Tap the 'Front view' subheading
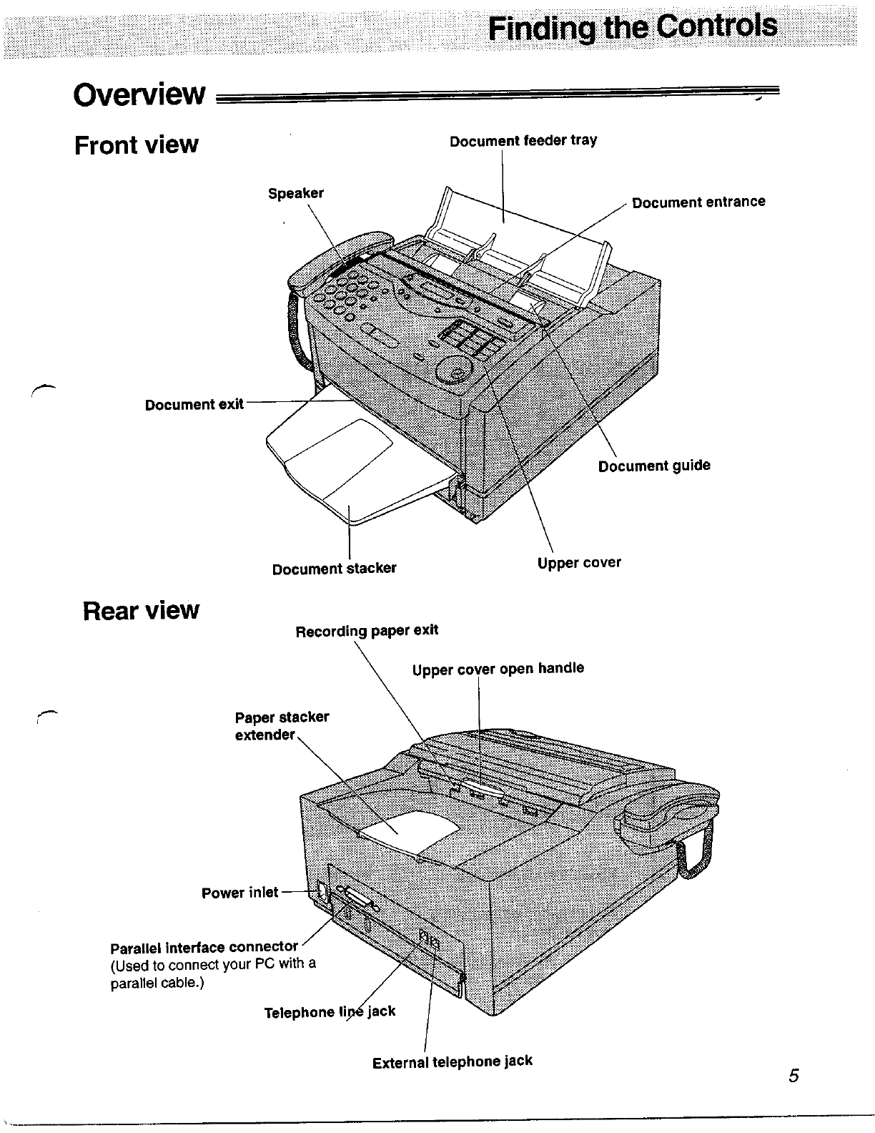point(136,144)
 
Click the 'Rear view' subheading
point(141,610)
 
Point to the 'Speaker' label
point(295,193)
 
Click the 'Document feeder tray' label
point(523,140)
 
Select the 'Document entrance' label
point(698,202)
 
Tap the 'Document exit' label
point(194,405)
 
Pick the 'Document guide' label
point(654,466)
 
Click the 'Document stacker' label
point(334,569)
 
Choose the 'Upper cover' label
point(579,563)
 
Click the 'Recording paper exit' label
point(367,631)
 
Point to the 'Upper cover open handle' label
point(498,669)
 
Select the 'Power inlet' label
point(239,893)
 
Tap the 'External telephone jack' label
point(452,1061)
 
